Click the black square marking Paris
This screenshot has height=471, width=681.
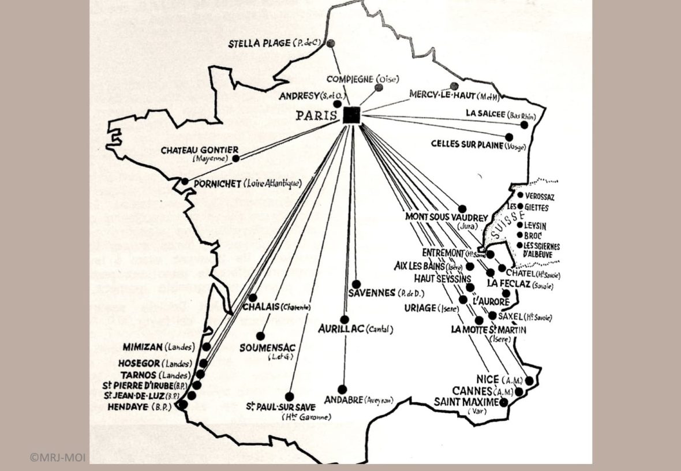351,115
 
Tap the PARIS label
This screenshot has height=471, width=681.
316,115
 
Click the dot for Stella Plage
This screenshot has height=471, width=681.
331,43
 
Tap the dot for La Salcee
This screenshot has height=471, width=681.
524,125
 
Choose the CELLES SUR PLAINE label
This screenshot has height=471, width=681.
467,144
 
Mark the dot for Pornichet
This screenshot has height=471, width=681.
185,181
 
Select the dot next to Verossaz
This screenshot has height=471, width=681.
520,195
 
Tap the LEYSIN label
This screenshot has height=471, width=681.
535,225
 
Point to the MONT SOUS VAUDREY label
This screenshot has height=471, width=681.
447,218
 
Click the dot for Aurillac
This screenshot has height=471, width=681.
345,319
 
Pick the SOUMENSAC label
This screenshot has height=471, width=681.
267,347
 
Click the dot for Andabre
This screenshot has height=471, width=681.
342,389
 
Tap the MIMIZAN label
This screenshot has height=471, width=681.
142,347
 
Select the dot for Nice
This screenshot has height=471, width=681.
529,380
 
